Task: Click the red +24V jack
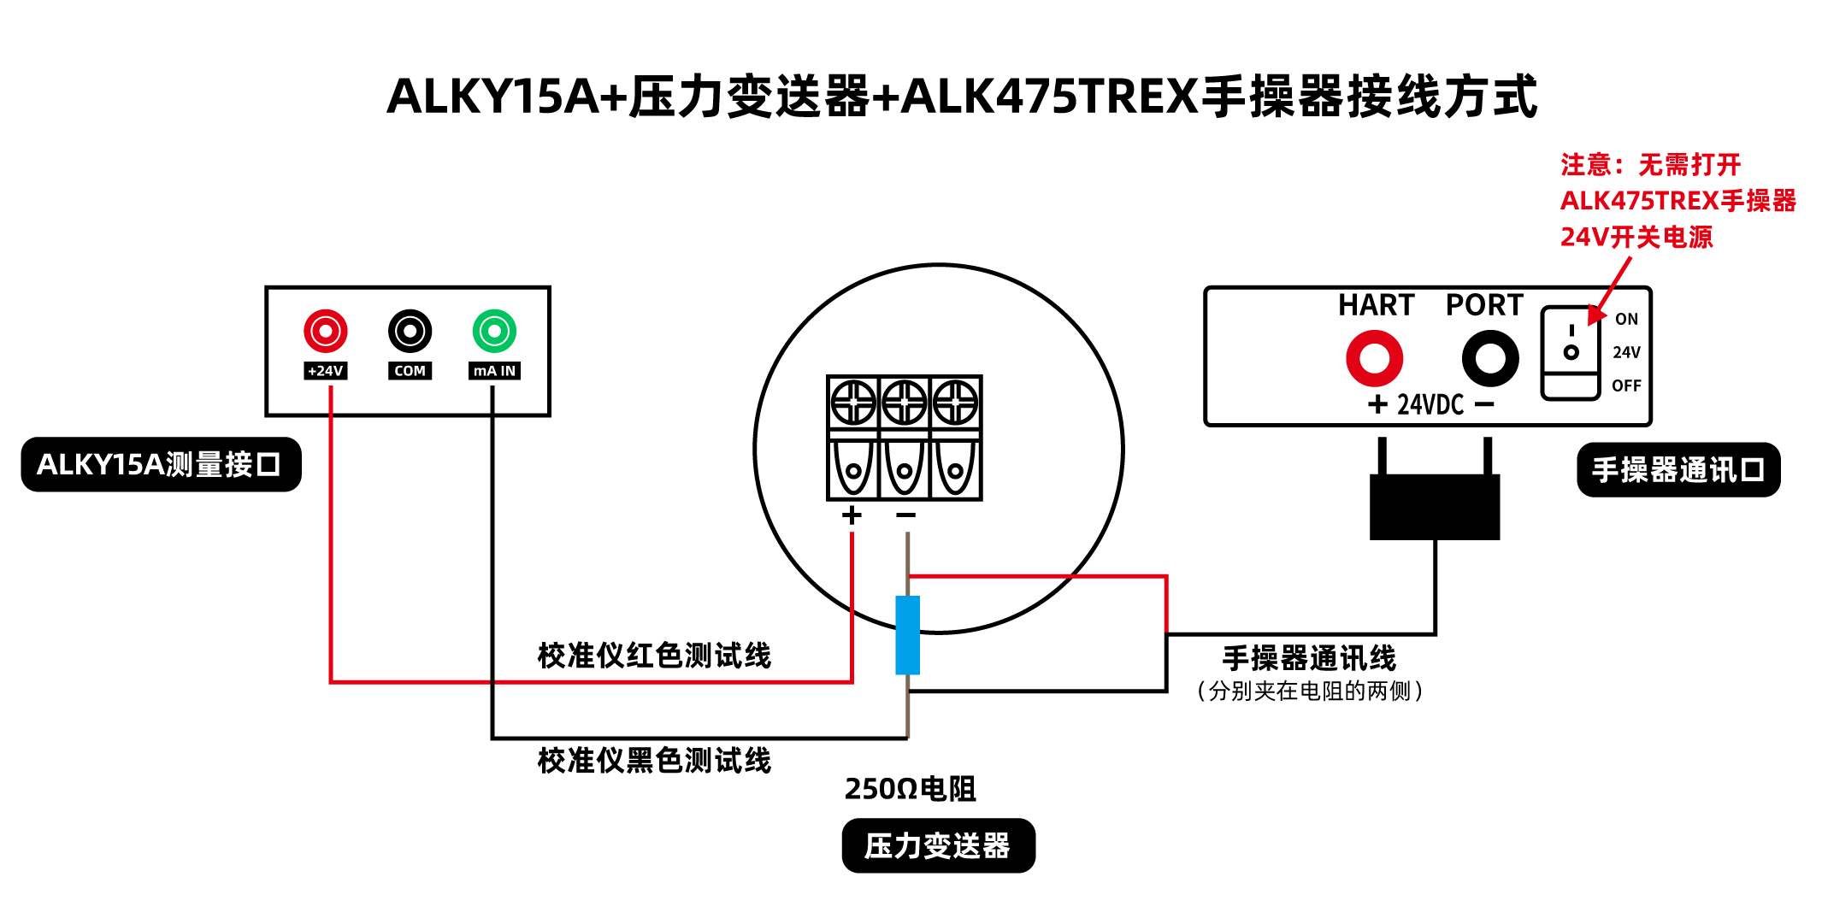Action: (326, 331)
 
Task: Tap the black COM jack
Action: (410, 331)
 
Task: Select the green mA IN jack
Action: (494, 331)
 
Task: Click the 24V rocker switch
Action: (1570, 353)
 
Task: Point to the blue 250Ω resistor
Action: (907, 635)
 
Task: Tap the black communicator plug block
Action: (1435, 506)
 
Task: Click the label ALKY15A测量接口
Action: (161, 464)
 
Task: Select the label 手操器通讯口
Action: (1678, 469)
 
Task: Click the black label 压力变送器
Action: (938, 845)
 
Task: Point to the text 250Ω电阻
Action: (910, 788)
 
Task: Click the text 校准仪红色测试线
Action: (654, 656)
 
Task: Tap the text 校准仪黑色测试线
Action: (654, 760)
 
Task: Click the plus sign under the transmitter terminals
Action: (852, 515)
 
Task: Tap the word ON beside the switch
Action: (1626, 319)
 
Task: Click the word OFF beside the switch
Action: (1626, 385)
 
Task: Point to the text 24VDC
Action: (1430, 404)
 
